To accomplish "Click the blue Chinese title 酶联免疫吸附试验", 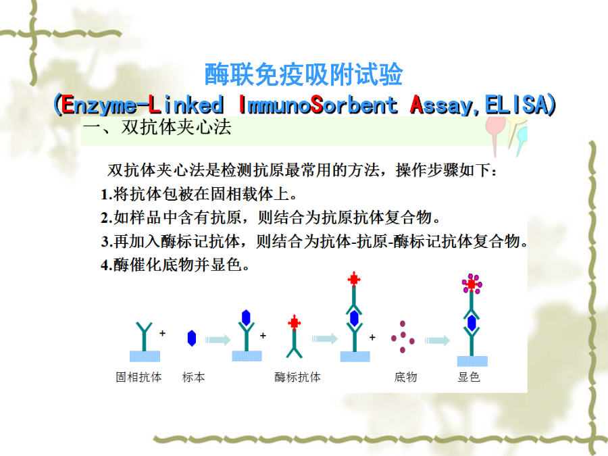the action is pyautogui.click(x=303, y=74).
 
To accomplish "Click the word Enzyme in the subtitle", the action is pyautogui.click(x=99, y=105).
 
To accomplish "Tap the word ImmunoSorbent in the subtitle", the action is pyautogui.click(x=318, y=105).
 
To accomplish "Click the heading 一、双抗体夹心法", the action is pyautogui.click(x=157, y=127).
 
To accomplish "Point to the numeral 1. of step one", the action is pyautogui.click(x=107, y=195).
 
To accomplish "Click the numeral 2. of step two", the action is pyautogui.click(x=107, y=218).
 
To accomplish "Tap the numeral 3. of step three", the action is pyautogui.click(x=107, y=242).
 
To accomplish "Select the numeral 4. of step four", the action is pyautogui.click(x=107, y=265).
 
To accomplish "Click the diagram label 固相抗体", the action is pyautogui.click(x=138, y=377).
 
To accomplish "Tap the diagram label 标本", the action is pyautogui.click(x=193, y=377).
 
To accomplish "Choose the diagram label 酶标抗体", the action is pyautogui.click(x=297, y=377).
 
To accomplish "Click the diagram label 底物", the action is pyautogui.click(x=405, y=377).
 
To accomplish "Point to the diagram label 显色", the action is pyautogui.click(x=469, y=377).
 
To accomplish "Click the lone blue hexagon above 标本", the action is pyautogui.click(x=192, y=338).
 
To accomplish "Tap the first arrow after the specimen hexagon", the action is pyautogui.click(x=218, y=340).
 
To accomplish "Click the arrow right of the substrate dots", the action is pyautogui.click(x=437, y=340).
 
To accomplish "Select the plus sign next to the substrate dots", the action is pyautogui.click(x=372, y=337).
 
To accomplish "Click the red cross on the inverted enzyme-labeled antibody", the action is pyautogui.click(x=295, y=323).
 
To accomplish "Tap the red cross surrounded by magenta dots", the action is pyautogui.click(x=472, y=284).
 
